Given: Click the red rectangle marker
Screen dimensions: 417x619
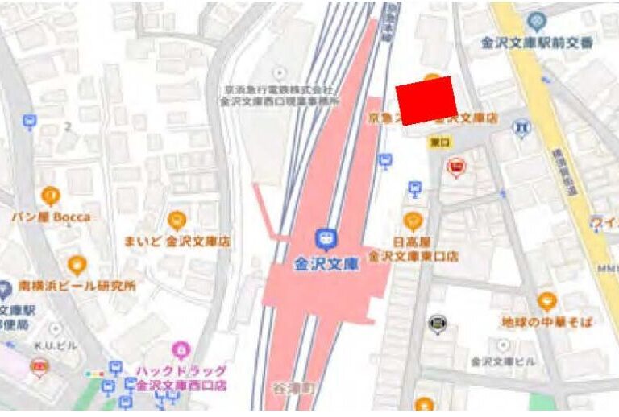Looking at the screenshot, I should [x=427, y=101].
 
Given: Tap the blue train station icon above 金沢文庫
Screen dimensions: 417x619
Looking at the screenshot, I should [x=325, y=238].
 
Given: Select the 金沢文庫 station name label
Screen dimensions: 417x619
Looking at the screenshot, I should [x=325, y=263].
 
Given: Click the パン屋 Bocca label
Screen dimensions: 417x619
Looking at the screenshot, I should [x=50, y=217].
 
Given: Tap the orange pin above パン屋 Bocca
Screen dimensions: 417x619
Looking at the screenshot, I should [x=51, y=196].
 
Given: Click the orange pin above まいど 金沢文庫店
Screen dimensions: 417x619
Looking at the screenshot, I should [x=177, y=220].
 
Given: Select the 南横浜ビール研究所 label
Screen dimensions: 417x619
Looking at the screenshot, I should [x=78, y=286].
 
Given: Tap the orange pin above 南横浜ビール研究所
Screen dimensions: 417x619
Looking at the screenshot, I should [x=77, y=265].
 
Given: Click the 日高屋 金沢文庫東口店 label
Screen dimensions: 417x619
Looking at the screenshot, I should [x=413, y=250].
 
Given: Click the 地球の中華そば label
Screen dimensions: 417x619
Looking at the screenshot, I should [x=547, y=322].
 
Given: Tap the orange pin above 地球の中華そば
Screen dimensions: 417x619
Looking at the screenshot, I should [x=547, y=302].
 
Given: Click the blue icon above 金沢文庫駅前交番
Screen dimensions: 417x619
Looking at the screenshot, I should [x=536, y=21].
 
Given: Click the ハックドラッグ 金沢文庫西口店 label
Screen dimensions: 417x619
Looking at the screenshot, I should [x=181, y=378].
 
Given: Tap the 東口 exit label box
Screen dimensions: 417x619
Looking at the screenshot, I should [x=439, y=142].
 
